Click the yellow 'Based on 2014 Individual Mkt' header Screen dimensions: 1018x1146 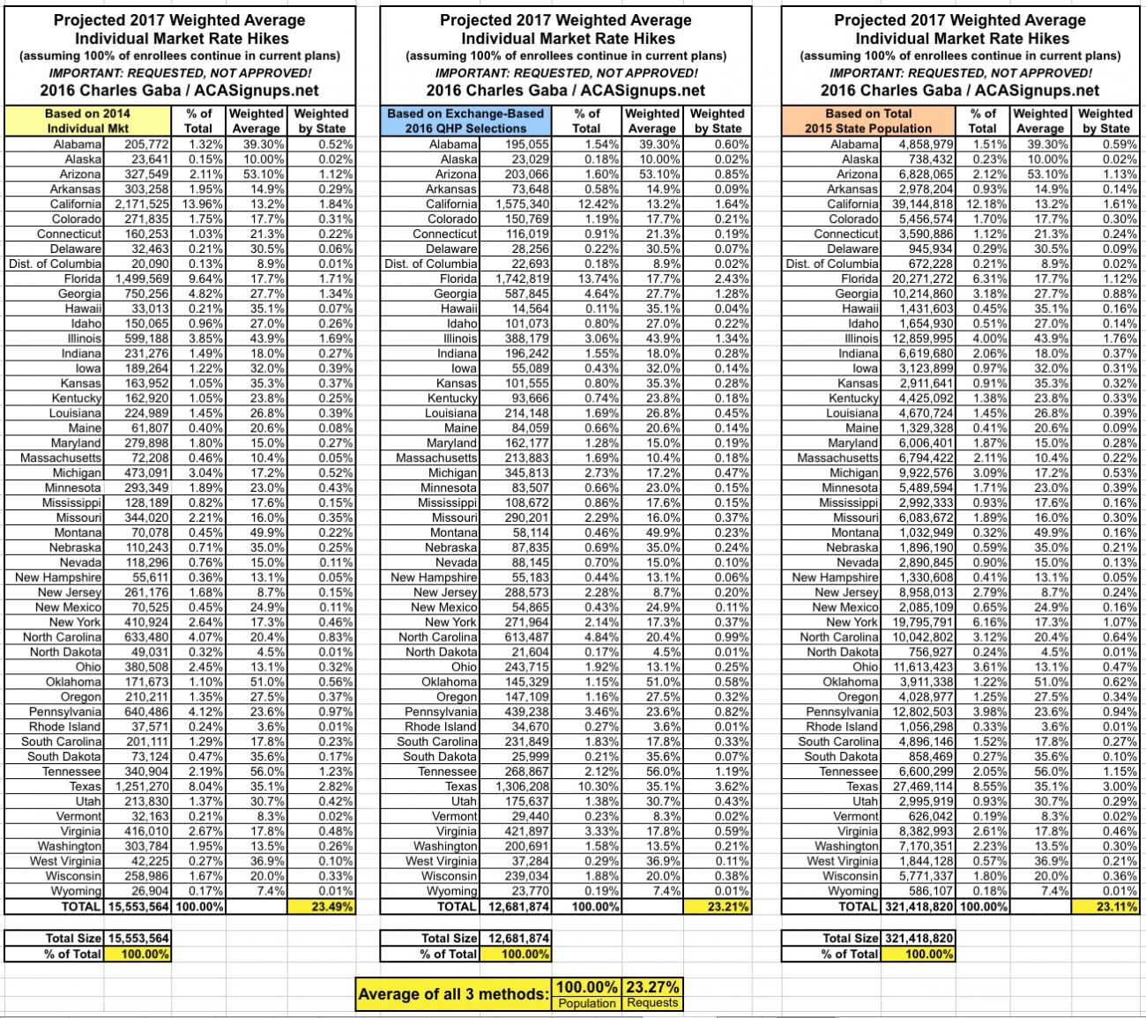click(x=87, y=121)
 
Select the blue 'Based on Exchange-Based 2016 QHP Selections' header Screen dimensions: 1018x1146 click(x=465, y=121)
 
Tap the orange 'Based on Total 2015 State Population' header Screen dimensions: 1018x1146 click(x=867, y=121)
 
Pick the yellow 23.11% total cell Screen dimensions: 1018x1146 click(x=1105, y=906)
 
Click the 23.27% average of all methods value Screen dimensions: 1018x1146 click(x=652, y=986)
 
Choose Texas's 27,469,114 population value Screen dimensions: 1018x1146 click(x=918, y=786)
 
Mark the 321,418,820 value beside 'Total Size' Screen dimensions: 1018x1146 click(x=918, y=939)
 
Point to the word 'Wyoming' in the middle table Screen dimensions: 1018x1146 click(x=452, y=891)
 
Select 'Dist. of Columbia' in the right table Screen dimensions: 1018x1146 click(x=832, y=264)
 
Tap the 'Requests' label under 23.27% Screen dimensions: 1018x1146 click(x=652, y=1003)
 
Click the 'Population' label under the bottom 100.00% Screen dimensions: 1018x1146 click(x=586, y=1003)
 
